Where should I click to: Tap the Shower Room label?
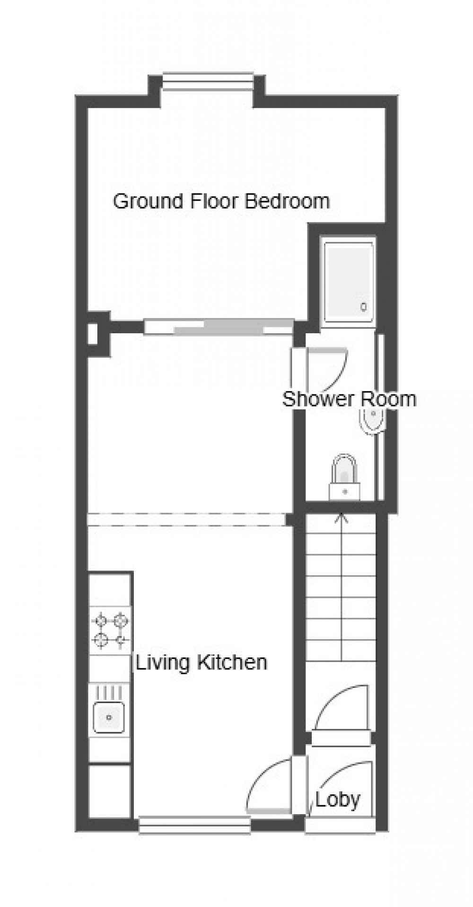pyautogui.click(x=349, y=399)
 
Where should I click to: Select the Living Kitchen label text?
pyautogui.click(x=201, y=662)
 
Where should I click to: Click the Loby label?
pyautogui.click(x=338, y=800)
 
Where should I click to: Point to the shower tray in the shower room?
pyautogui.click(x=349, y=281)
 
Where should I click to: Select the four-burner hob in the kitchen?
pyautogui.click(x=110, y=630)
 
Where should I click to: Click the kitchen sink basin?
pyautogui.click(x=109, y=717)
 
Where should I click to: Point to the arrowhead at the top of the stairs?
pyautogui.click(x=340, y=518)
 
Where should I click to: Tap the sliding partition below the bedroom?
pyautogui.click(x=218, y=327)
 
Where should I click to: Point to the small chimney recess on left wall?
pyautogui.click(x=93, y=334)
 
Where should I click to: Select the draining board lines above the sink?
pyautogui.click(x=109, y=692)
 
